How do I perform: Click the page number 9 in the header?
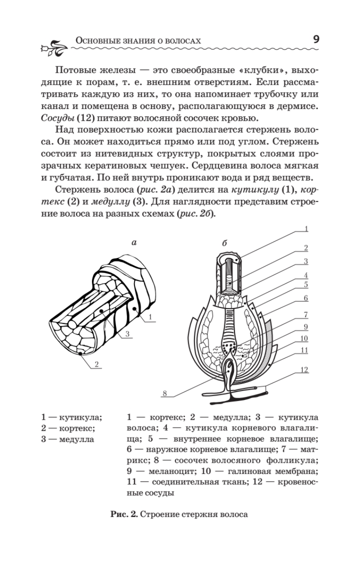[x=315, y=40]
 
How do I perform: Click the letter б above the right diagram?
[x=224, y=243]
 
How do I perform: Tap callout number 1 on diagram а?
[x=150, y=317]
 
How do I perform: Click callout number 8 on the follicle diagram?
[x=165, y=393]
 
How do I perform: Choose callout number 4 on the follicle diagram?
[x=305, y=275]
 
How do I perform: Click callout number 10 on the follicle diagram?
[x=305, y=338]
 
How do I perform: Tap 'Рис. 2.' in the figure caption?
[x=124, y=514]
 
